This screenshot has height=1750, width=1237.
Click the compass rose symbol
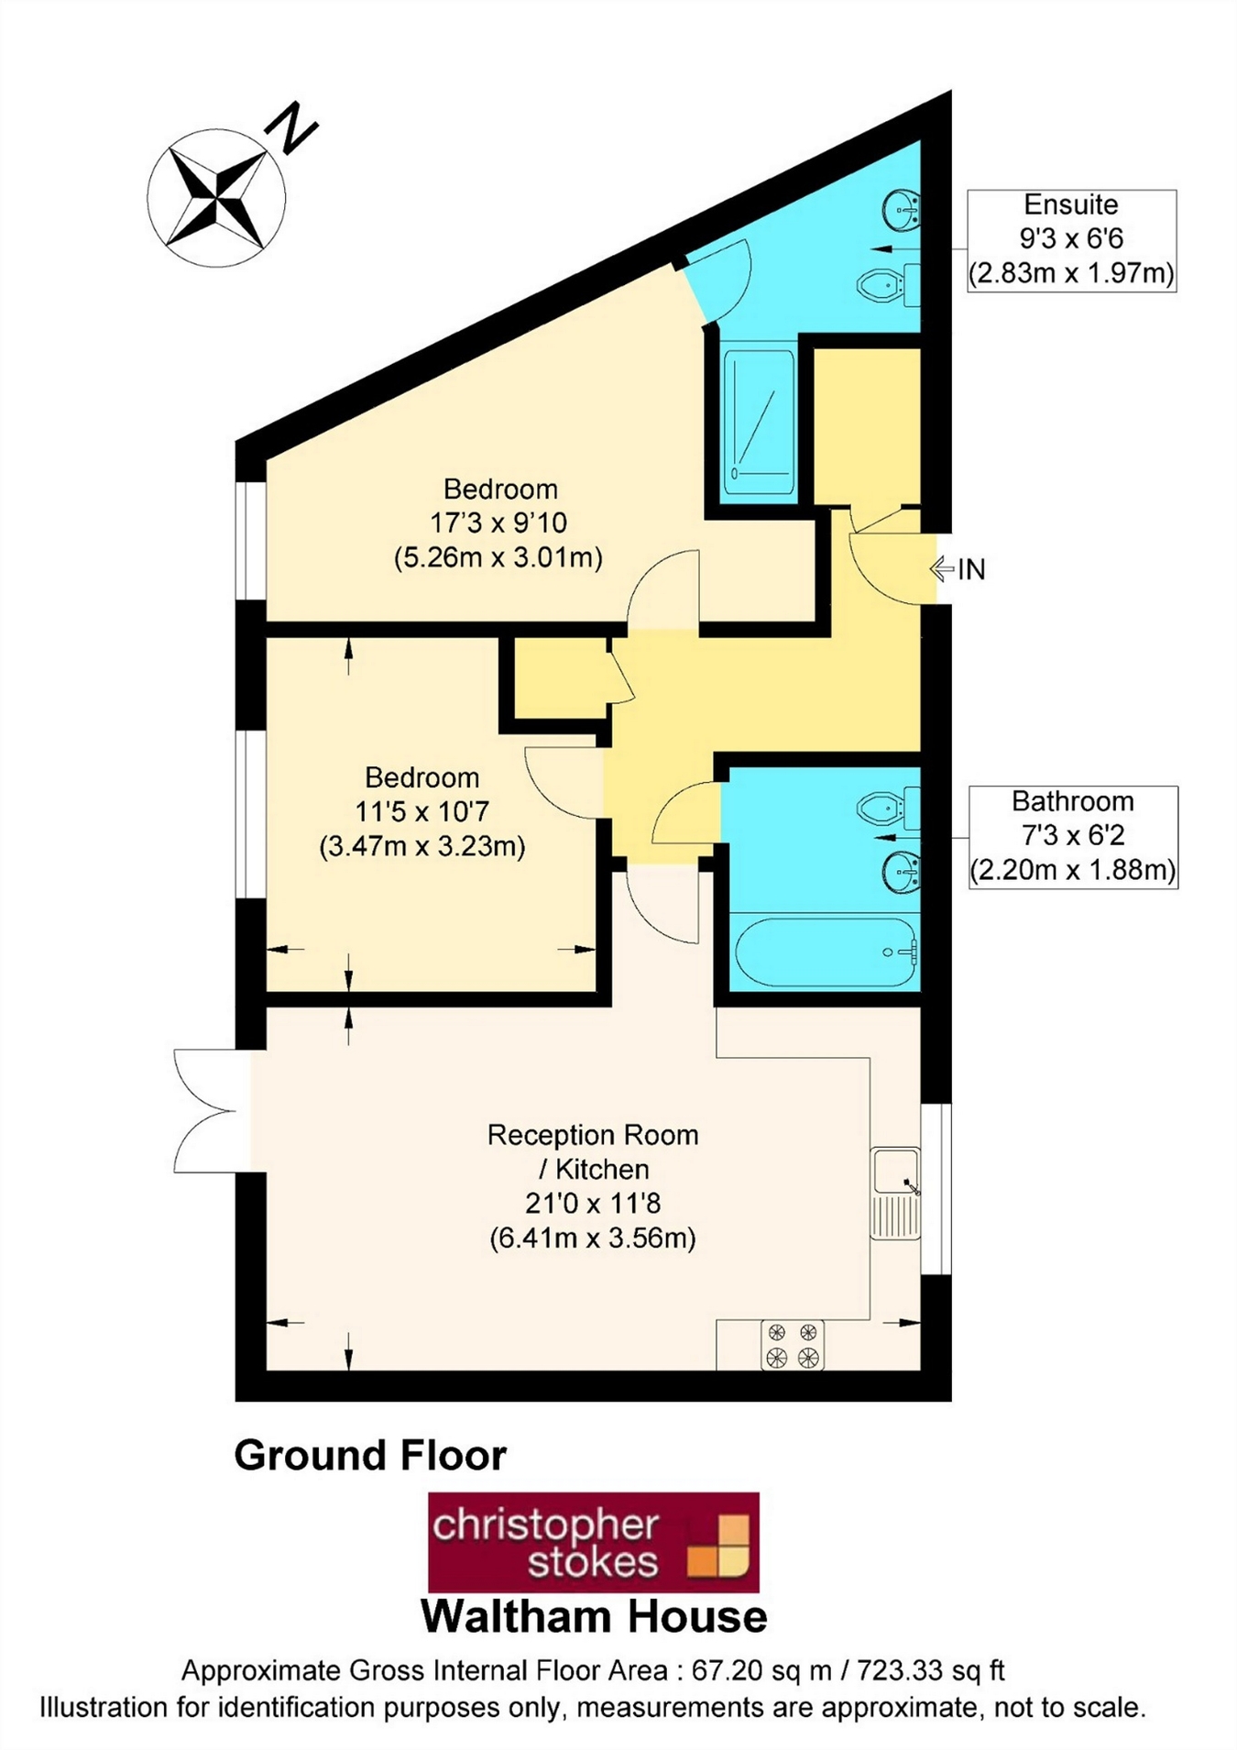pos(216,198)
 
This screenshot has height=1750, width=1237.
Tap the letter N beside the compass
pos(291,127)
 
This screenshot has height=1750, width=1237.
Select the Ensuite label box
pos(1071,240)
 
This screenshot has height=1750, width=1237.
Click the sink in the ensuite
pos(902,211)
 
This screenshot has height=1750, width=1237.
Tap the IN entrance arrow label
pos(959,569)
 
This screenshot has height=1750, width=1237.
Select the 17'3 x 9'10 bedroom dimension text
pos(498,523)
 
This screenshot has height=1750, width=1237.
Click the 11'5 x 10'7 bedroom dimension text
pos(421,812)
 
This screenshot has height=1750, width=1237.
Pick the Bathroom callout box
pos(1073,836)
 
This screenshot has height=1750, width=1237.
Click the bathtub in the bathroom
pos(826,952)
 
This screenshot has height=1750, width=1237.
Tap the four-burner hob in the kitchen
pos(793,1345)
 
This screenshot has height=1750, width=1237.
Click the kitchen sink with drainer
pos(895,1193)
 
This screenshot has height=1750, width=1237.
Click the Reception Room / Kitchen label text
pos(593,1151)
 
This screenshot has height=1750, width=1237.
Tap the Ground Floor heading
pos(370,1456)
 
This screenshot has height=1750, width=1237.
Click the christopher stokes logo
pos(594,1542)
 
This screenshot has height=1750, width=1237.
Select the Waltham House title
pos(594,1616)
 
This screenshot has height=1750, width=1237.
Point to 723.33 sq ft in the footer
pos(930,1670)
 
